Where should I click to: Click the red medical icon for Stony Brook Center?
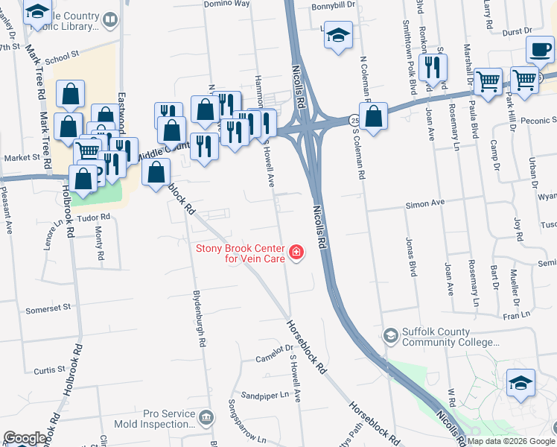point(296,253)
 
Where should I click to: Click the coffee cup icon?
point(539,50)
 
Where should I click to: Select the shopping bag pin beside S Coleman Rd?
point(374,116)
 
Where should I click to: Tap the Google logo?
point(25,438)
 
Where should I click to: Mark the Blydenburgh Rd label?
point(199,318)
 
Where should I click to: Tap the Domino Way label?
point(228,4)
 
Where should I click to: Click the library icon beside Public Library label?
point(110,20)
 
